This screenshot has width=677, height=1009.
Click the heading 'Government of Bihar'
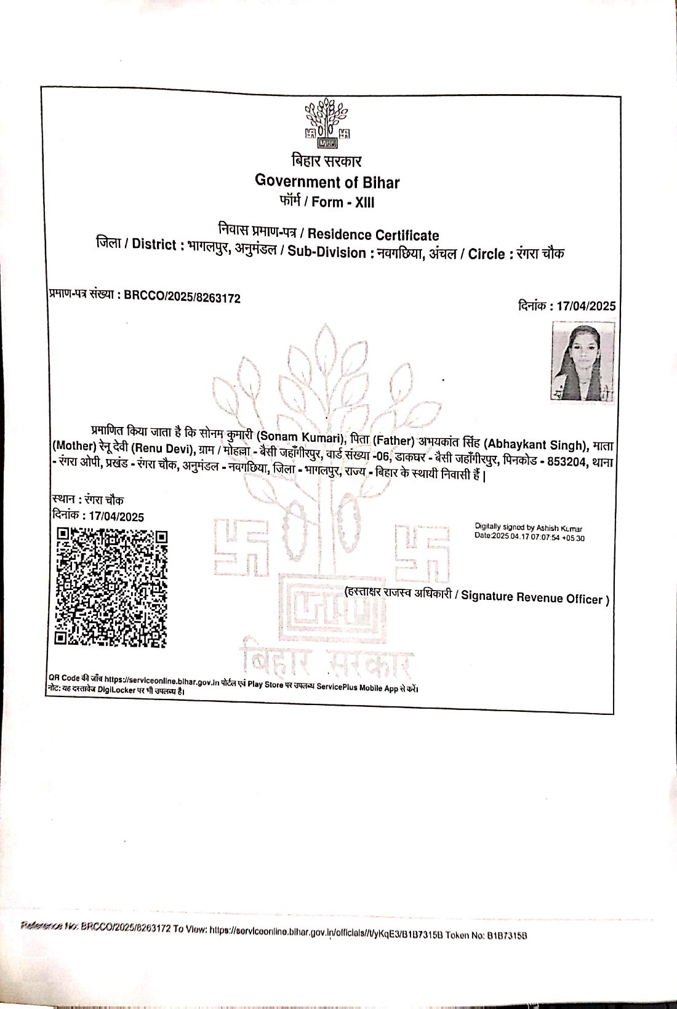(327, 182)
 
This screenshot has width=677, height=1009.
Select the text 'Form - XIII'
(343, 202)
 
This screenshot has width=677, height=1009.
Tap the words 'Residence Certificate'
(373, 235)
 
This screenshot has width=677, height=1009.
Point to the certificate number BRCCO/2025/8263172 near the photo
(182, 298)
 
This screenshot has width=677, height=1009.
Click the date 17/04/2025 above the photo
(586, 306)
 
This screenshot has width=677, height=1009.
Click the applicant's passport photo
(582, 362)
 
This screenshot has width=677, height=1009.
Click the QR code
(111, 588)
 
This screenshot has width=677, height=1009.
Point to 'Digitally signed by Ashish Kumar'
(528, 527)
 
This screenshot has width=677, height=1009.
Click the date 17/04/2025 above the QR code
(116, 517)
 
